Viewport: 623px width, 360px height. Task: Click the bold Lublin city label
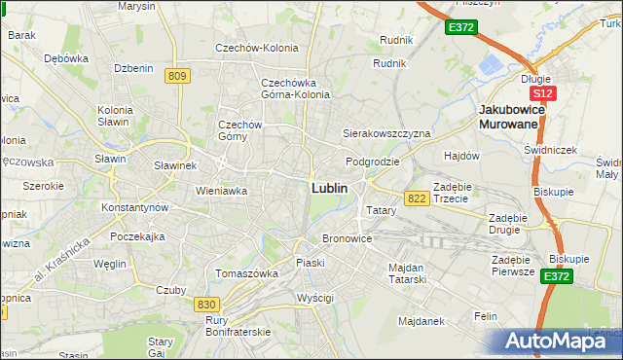pyautogui.click(x=329, y=188)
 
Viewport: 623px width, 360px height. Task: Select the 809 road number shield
pyautogui.click(x=177, y=76)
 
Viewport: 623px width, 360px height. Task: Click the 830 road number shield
pyautogui.click(x=206, y=305)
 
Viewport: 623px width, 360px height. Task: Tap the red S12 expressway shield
pyautogui.click(x=542, y=93)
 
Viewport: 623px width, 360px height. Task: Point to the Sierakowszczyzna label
pyautogui.click(x=385, y=132)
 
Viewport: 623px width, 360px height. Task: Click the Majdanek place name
pyautogui.click(x=420, y=319)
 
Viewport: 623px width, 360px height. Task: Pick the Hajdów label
pyautogui.click(x=461, y=156)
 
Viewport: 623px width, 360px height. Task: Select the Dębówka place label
pyautogui.click(x=66, y=57)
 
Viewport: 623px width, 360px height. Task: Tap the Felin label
pyautogui.click(x=486, y=316)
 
